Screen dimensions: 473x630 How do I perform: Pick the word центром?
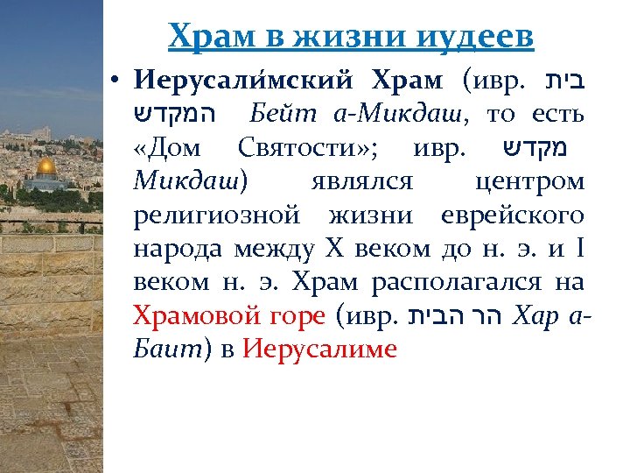[529, 182]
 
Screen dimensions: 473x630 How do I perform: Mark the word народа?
[178, 249]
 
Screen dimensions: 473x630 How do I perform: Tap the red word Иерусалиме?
[319, 349]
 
